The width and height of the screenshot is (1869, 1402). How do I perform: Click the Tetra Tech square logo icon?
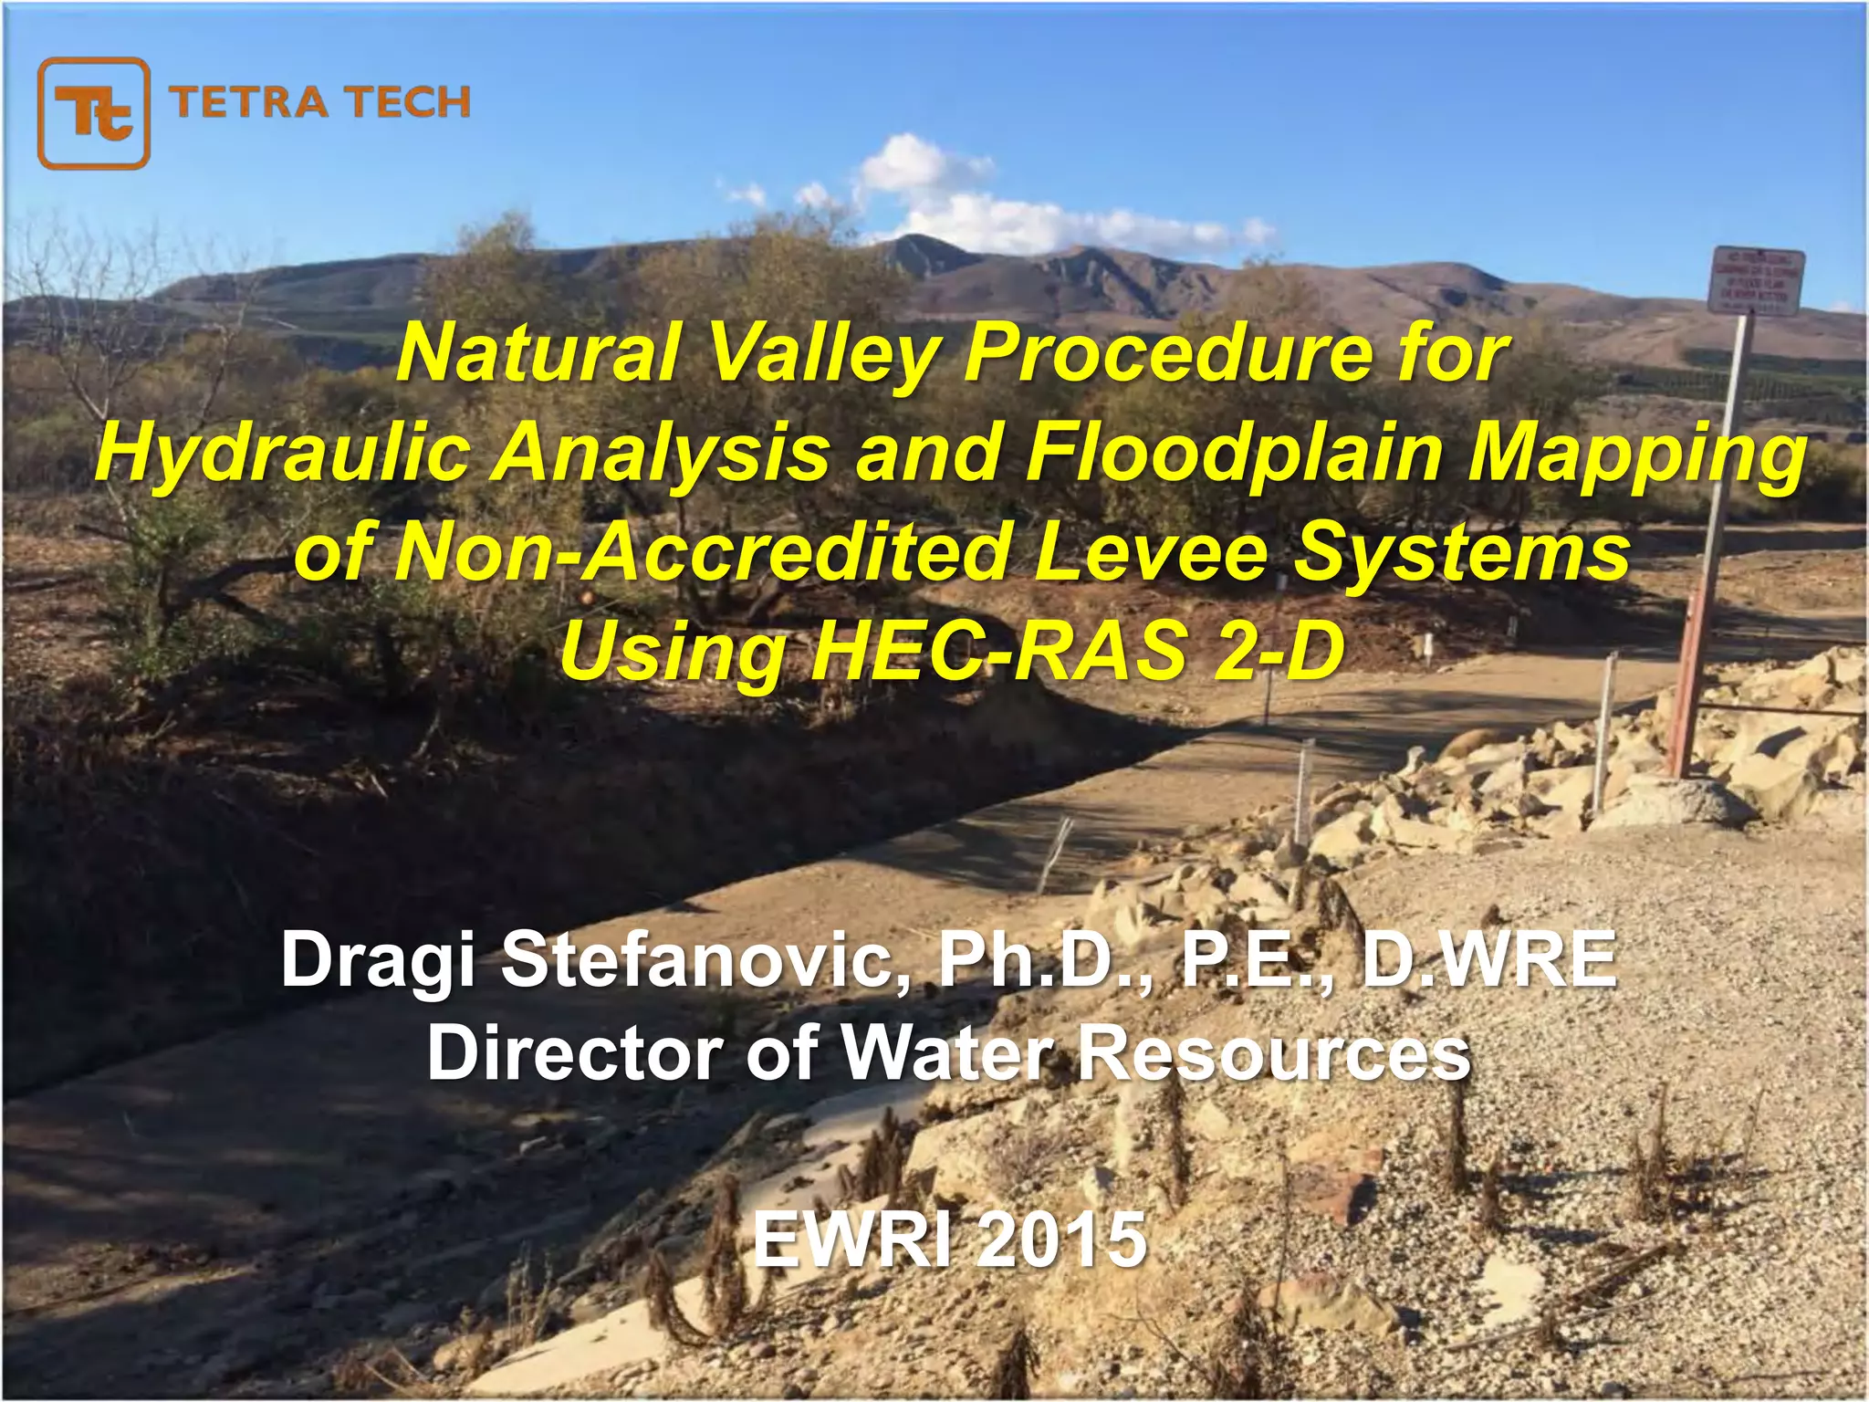pos(93,114)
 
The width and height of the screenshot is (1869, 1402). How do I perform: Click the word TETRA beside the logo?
pos(248,102)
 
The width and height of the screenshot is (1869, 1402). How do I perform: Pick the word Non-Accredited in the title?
pos(703,552)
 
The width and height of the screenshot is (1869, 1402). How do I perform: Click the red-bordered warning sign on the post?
pos(1756,280)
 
